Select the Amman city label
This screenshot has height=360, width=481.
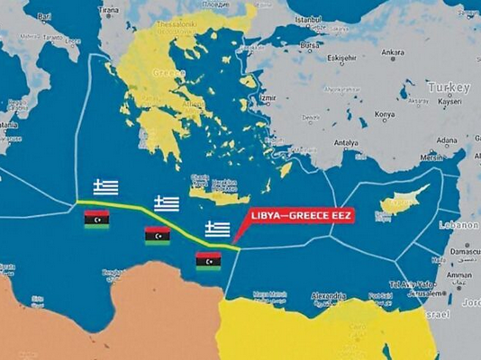point(458,276)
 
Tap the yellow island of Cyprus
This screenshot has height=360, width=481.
point(397,202)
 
